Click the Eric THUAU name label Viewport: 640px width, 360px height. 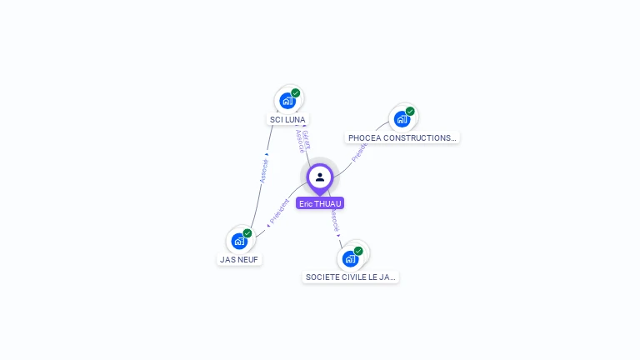tap(320, 203)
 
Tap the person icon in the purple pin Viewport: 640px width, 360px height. tap(320, 177)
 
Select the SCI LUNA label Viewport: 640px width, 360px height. tap(288, 119)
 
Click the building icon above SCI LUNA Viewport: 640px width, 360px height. tap(287, 101)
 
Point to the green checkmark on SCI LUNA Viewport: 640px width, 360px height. tap(296, 93)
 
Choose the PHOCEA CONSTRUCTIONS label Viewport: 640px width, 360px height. tap(402, 137)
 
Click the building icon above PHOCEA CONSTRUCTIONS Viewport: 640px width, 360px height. tap(402, 119)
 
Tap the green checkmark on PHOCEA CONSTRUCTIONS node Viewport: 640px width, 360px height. tap(410, 112)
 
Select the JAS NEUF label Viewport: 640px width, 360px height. tap(239, 259)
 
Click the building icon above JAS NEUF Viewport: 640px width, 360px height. tap(239, 242)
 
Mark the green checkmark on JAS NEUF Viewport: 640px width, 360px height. tap(247, 233)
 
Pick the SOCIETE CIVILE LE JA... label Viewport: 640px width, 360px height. tap(351, 277)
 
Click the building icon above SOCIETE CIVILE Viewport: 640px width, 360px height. tap(350, 258)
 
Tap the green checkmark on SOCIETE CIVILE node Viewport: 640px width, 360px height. tap(358, 251)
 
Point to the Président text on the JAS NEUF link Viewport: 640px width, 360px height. tap(280, 211)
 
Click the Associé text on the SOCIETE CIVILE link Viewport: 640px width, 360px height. tap(334, 220)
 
